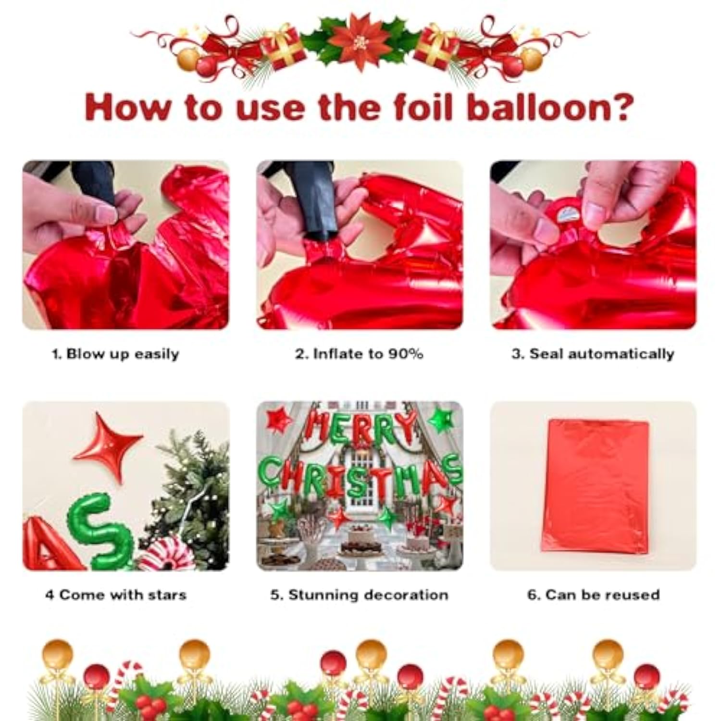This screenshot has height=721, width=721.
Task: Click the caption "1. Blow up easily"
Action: click(x=115, y=354)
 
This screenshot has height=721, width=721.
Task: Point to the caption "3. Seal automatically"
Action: click(x=593, y=354)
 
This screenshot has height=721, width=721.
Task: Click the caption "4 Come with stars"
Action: click(x=115, y=595)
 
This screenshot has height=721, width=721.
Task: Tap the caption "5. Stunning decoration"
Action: click(x=359, y=595)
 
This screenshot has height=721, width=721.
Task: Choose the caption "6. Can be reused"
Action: click(x=593, y=595)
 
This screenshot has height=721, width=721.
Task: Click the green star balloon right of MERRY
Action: click(x=441, y=419)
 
